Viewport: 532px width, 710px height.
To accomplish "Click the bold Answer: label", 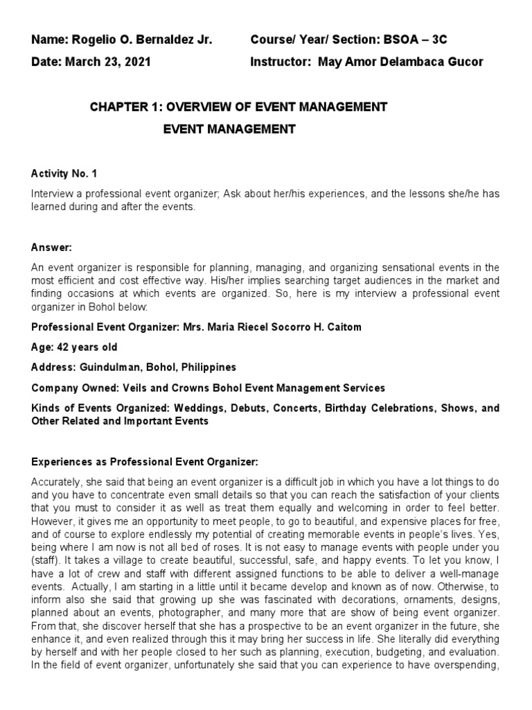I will [51, 247].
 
